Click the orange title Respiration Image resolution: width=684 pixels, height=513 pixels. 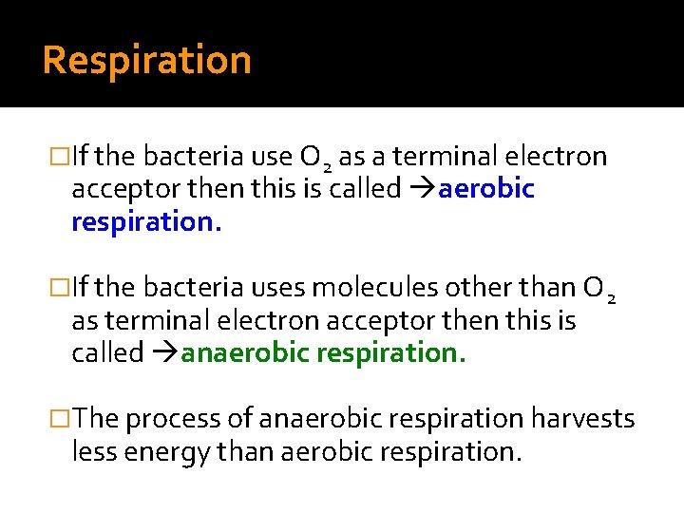point(146,61)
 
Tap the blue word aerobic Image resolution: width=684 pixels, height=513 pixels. point(486,189)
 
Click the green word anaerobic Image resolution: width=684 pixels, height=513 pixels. point(245,352)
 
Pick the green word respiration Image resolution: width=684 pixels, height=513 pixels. point(391,352)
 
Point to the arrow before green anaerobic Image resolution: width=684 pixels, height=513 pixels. point(163,353)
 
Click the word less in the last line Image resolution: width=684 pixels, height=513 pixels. point(92,451)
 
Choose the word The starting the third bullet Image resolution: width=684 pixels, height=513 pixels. point(95,418)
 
